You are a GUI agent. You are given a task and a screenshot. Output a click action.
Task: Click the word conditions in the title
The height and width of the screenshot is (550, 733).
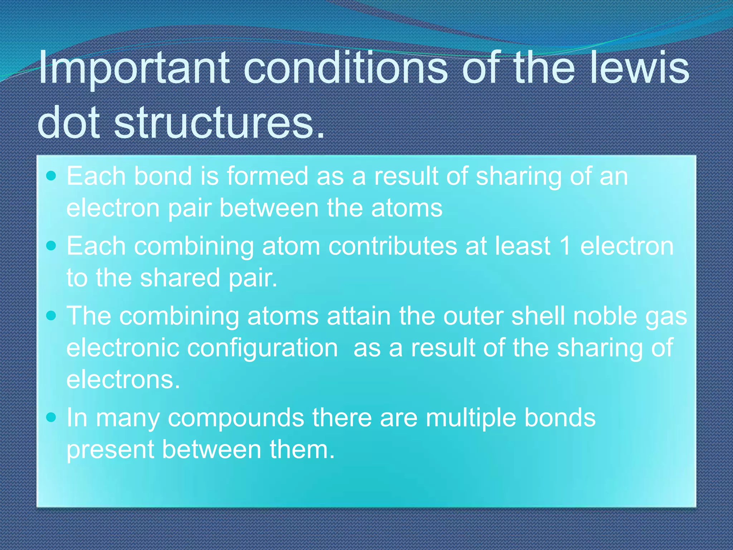(345, 67)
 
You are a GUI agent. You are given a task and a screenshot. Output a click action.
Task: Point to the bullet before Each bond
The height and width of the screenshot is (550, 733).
(52, 176)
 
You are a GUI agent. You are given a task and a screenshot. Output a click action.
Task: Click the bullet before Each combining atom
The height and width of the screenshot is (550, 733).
(52, 246)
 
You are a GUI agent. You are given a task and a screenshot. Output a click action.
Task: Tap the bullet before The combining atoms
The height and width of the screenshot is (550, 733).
(52, 315)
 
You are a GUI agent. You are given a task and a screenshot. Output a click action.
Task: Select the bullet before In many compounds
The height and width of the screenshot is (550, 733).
(52, 417)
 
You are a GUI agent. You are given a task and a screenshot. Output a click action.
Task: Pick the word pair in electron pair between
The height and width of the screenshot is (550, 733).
(190, 208)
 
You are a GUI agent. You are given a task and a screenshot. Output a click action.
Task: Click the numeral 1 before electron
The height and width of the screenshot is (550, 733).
(565, 246)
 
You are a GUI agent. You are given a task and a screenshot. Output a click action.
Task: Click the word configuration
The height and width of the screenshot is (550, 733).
(263, 348)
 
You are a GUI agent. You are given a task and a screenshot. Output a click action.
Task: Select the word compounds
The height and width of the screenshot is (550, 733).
(236, 418)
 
